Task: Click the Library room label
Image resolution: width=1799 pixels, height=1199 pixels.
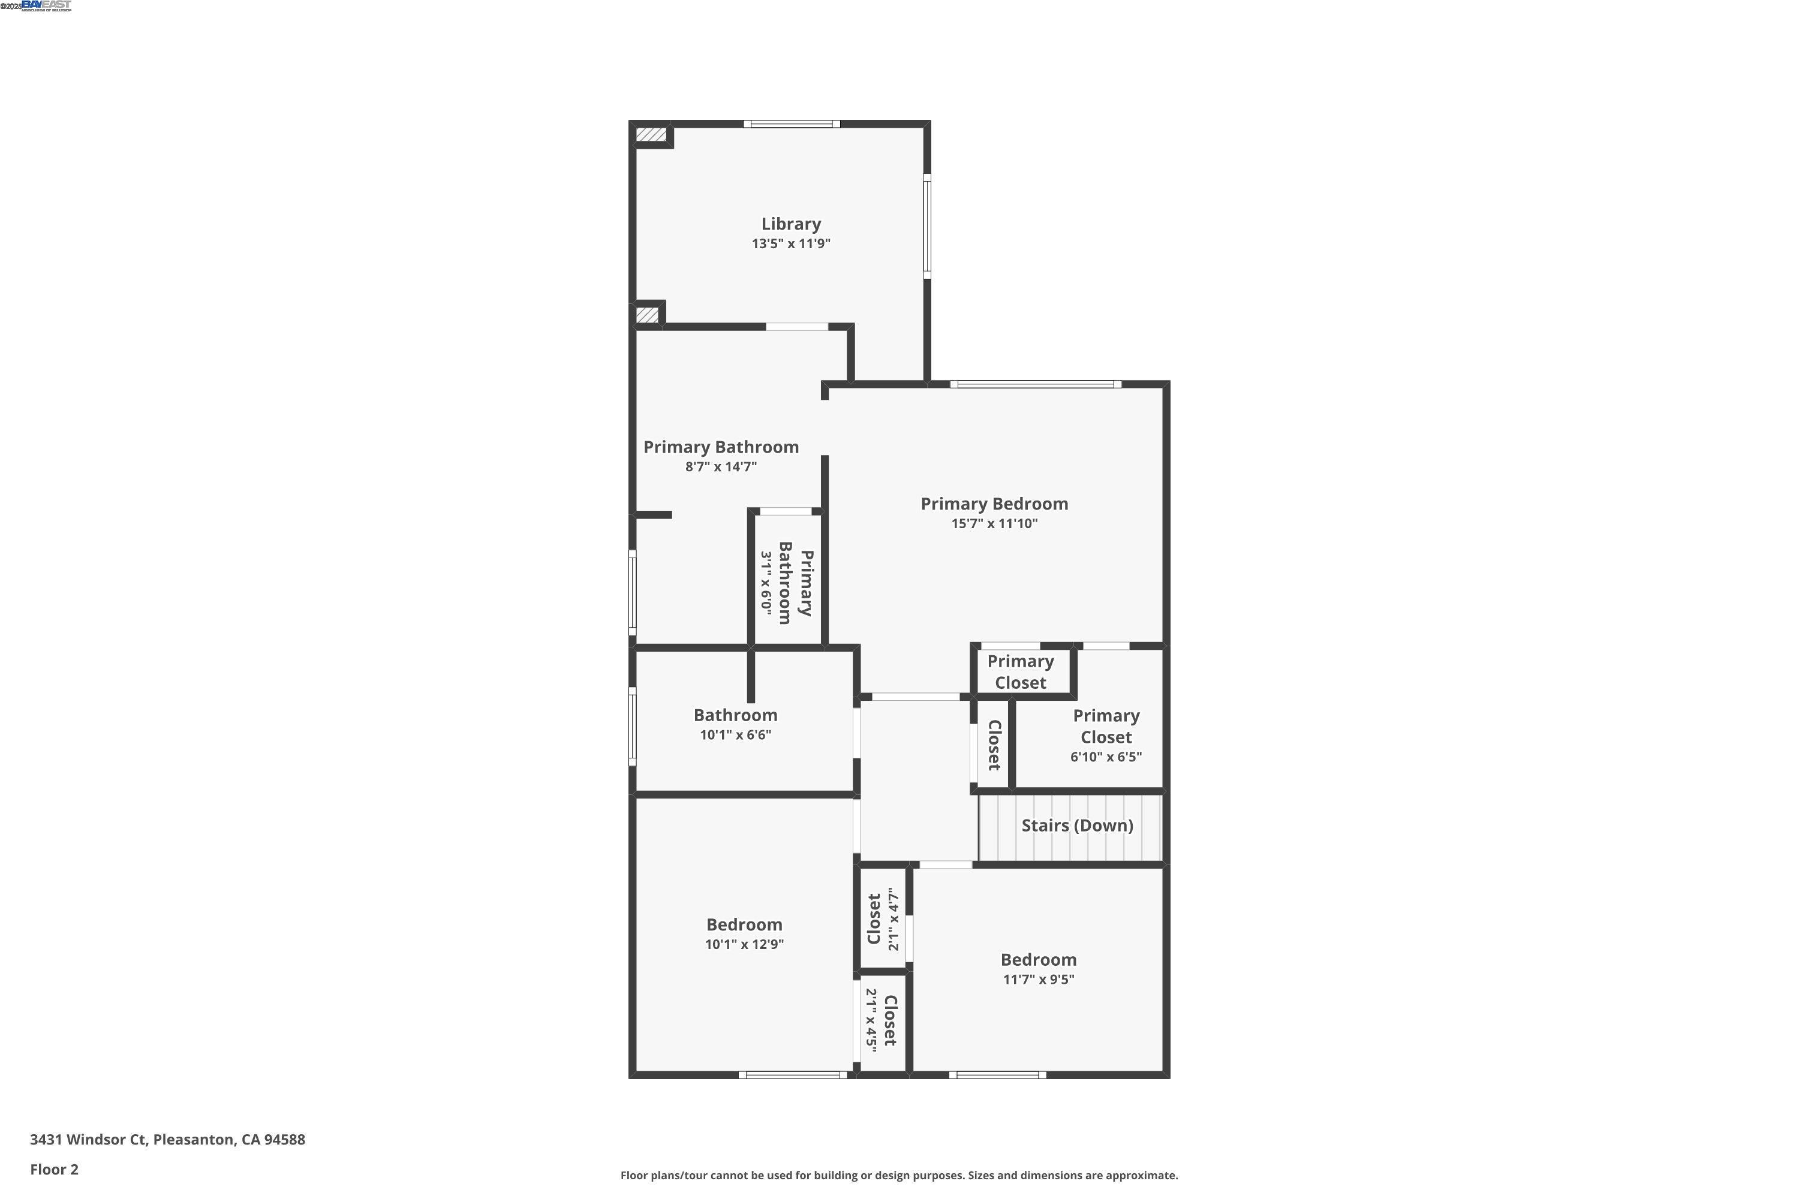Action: [x=791, y=224]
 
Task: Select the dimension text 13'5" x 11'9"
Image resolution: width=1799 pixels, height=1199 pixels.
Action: [x=791, y=244]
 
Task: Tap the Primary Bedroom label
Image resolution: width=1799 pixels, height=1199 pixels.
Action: [x=994, y=504]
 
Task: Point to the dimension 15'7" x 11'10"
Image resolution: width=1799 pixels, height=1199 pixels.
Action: [x=994, y=524]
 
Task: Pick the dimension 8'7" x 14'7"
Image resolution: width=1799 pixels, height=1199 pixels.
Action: [x=721, y=467]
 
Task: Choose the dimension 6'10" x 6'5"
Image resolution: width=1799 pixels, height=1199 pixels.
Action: [x=1105, y=757]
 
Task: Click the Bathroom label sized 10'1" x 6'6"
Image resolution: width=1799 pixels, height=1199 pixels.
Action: [x=735, y=715]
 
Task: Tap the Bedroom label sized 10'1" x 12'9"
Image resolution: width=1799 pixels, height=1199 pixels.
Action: [x=744, y=924]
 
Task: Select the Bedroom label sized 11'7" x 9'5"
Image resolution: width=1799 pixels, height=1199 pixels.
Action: [x=1038, y=960]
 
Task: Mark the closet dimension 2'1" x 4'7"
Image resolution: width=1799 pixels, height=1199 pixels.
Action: [x=893, y=919]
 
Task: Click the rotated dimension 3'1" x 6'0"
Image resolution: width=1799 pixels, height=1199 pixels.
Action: [x=766, y=583]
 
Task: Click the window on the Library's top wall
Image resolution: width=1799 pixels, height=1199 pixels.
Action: [x=792, y=124]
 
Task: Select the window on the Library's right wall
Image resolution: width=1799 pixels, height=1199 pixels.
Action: [x=927, y=225]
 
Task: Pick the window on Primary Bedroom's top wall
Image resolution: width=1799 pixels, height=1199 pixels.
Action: [x=1036, y=384]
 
